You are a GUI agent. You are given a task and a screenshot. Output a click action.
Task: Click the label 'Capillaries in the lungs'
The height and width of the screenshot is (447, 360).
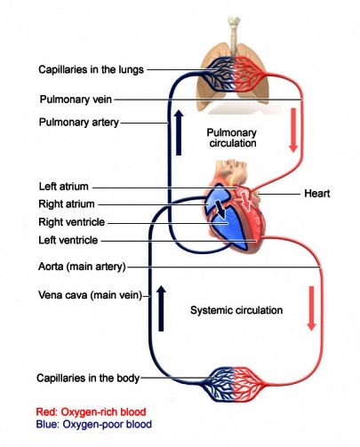tap(91, 69)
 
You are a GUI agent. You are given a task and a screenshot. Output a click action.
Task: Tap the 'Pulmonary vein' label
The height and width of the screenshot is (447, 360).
tap(75, 99)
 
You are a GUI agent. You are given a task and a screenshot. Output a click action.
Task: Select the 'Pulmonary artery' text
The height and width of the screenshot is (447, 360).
tap(78, 122)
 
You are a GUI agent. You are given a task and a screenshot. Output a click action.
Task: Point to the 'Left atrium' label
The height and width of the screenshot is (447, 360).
tap(64, 187)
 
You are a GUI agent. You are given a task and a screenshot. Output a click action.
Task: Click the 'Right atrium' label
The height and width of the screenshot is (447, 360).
tap(67, 204)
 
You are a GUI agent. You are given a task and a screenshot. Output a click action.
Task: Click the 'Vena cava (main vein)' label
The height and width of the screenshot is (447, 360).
tap(91, 295)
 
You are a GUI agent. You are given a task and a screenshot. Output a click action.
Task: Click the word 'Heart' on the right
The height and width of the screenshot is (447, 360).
tap(317, 193)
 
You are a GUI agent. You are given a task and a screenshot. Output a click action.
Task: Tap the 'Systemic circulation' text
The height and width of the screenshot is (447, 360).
tap(236, 311)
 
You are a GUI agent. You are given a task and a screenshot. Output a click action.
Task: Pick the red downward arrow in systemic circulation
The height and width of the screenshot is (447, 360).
tap(310, 307)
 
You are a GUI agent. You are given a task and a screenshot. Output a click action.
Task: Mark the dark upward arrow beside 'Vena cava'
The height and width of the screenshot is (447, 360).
tap(161, 307)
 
